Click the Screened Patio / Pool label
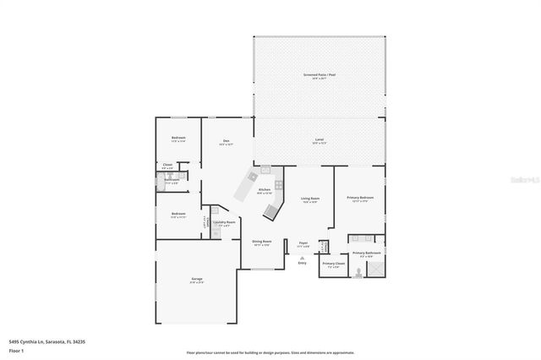point(320,75)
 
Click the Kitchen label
point(264,191)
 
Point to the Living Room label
point(309,199)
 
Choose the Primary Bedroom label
point(360,199)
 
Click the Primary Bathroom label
point(367,254)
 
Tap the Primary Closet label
point(334,265)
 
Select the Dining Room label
point(262,243)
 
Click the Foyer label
point(303,243)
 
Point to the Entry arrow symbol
point(303,256)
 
